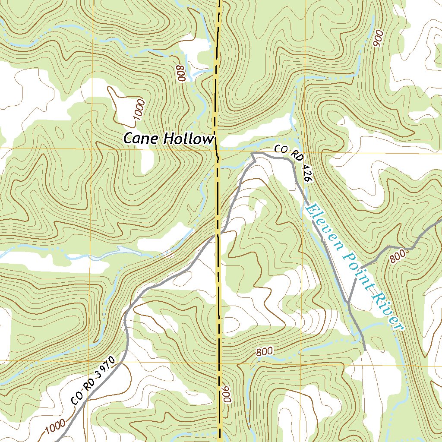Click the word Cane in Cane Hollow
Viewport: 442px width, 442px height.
[x=140, y=139]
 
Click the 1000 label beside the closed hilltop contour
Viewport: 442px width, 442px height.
[x=140, y=110]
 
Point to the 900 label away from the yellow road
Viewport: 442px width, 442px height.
[x=379, y=39]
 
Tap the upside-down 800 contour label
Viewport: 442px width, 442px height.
[x=181, y=73]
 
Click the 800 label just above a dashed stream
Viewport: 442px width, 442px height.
[x=264, y=351]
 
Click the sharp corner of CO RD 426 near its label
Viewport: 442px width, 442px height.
[x=253, y=153]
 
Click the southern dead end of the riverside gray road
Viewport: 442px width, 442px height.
[x=366, y=349]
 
